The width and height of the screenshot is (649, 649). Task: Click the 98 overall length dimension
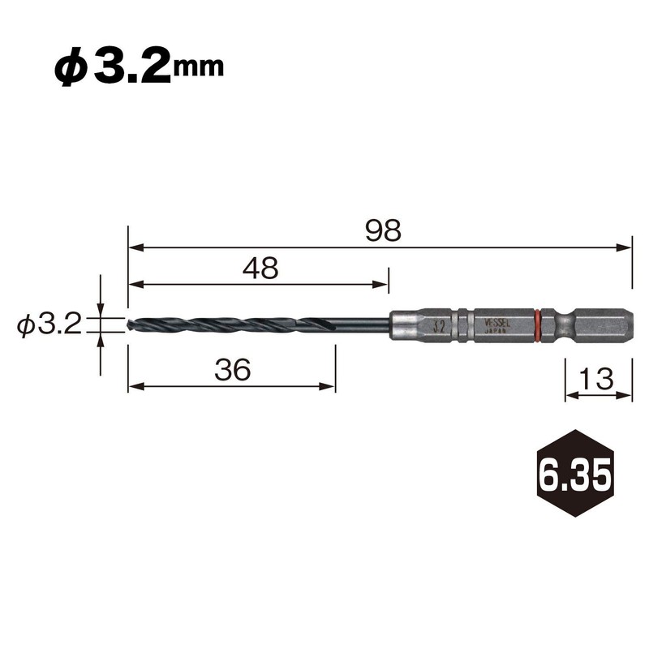382,231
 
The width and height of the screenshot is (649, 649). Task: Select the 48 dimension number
260,268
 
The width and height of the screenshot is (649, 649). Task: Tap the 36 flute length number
233,370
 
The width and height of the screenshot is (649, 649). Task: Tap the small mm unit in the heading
200,68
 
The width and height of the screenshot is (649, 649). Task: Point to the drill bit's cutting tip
131,325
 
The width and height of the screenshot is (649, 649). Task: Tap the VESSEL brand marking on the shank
496,322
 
